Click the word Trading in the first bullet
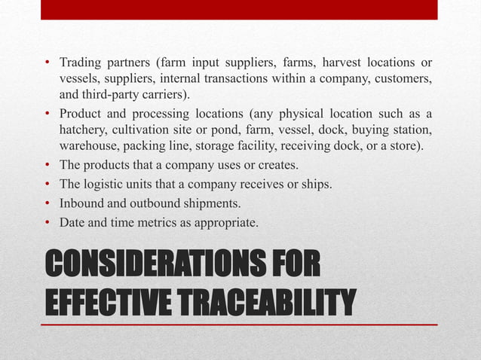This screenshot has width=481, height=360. click(x=81, y=61)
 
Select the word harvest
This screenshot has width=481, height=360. click(x=311, y=61)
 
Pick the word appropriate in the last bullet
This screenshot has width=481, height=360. click(x=230, y=222)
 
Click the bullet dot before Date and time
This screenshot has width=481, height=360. click(x=47, y=221)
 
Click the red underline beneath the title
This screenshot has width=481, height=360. click(x=239, y=325)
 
